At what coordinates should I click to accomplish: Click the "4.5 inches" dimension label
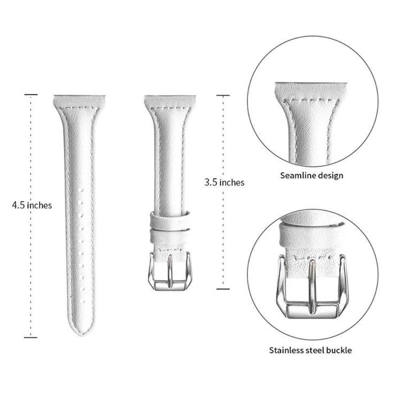32,205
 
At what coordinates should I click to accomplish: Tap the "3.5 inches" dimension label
224,182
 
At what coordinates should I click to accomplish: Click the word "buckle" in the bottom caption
338,350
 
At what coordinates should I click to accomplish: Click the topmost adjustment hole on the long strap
81,190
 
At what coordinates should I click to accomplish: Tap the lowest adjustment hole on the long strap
82,302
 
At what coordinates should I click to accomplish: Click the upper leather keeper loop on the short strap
170,219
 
